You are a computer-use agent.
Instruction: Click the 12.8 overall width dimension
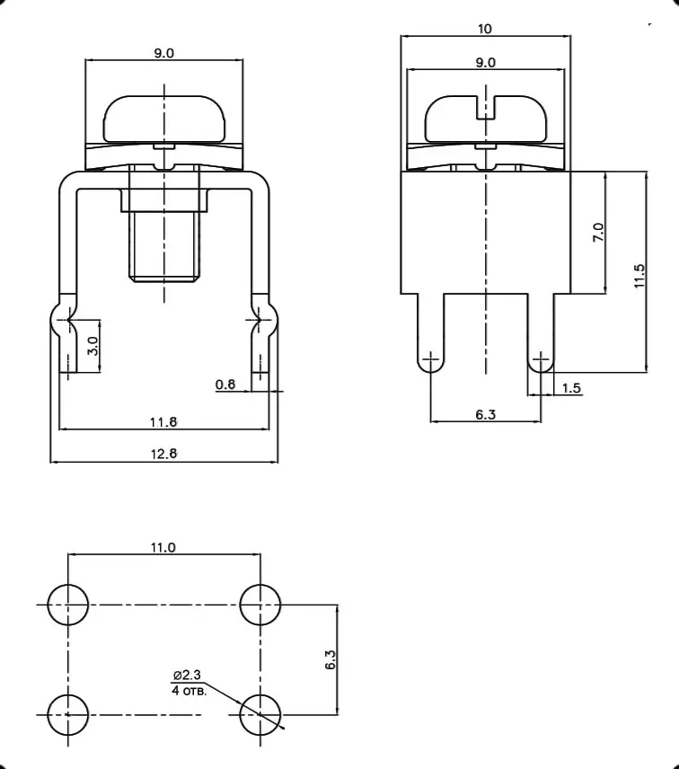tap(163, 454)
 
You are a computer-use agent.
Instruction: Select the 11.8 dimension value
tap(163, 421)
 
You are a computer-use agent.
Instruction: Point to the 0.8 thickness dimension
tap(225, 384)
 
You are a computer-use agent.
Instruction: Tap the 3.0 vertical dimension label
tap(93, 347)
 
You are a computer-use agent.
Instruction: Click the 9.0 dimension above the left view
tap(163, 53)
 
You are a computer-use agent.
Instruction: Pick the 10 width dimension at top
tap(485, 29)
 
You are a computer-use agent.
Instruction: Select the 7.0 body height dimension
tap(598, 233)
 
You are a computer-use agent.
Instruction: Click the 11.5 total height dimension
tap(639, 275)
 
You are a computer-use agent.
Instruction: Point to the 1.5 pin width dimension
tap(571, 387)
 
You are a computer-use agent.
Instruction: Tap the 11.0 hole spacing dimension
tap(163, 547)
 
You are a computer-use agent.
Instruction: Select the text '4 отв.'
tap(188, 691)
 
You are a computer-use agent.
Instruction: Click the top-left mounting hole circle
tap(67, 604)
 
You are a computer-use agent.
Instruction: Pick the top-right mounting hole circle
tap(260, 604)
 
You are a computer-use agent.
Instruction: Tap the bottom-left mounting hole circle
tap(67, 714)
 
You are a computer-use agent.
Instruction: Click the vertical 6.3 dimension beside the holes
tap(330, 660)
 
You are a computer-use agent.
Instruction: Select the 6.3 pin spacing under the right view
tap(485, 413)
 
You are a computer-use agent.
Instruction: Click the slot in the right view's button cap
tap(485, 106)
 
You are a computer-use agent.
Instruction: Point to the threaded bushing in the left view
tap(164, 245)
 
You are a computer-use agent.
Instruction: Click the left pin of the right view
tap(430, 333)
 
